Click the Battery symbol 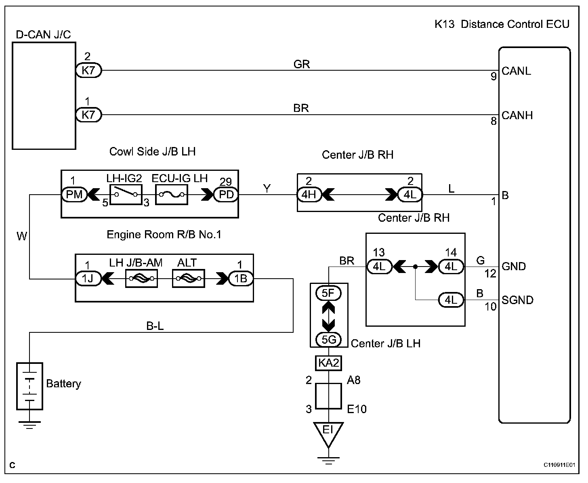click(x=29, y=386)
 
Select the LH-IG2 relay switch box click(x=126, y=195)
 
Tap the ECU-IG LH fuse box click(x=172, y=195)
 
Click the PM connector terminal click(x=74, y=195)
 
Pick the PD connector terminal click(x=226, y=195)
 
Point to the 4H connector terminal click(x=309, y=195)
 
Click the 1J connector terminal click(x=88, y=278)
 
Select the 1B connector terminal click(x=241, y=278)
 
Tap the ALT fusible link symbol click(x=188, y=278)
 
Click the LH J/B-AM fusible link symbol click(x=141, y=278)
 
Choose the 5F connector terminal click(x=329, y=293)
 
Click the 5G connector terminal click(x=329, y=340)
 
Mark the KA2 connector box click(x=328, y=363)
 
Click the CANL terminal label click(x=516, y=71)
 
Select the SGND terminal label click(x=517, y=300)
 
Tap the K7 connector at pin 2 click(x=88, y=71)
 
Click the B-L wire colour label click(x=155, y=326)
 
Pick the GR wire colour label click(x=302, y=64)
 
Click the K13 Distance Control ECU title click(x=502, y=24)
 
